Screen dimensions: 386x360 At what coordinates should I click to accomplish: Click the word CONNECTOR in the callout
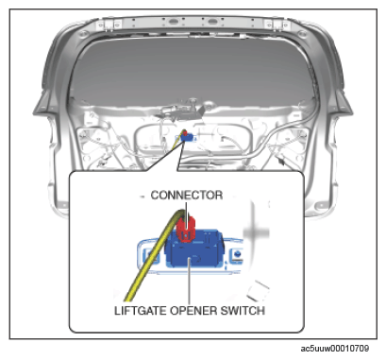click(187, 195)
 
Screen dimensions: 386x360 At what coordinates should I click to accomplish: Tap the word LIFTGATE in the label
click(141, 311)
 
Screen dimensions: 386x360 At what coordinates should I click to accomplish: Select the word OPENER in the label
click(193, 311)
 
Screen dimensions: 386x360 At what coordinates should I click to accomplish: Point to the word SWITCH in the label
click(243, 311)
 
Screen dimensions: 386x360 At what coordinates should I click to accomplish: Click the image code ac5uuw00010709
click(335, 349)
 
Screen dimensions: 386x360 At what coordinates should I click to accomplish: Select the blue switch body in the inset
click(194, 249)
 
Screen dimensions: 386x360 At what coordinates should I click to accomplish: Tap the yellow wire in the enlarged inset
click(153, 255)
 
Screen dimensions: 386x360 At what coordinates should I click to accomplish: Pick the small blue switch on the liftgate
click(189, 137)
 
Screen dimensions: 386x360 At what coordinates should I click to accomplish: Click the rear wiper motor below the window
click(182, 111)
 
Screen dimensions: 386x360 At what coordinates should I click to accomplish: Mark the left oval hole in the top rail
click(174, 22)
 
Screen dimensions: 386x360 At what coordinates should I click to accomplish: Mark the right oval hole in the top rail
click(210, 22)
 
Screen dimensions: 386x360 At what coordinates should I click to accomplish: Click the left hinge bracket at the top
click(109, 24)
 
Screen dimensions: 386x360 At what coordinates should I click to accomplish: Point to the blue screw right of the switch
click(238, 253)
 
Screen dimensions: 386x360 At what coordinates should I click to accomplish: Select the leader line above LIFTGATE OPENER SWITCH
click(189, 281)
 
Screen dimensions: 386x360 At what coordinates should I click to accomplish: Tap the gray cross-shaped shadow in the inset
click(256, 232)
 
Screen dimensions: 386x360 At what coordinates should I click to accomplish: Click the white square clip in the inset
click(259, 290)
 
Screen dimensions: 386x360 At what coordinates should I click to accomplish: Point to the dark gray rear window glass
click(193, 73)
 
